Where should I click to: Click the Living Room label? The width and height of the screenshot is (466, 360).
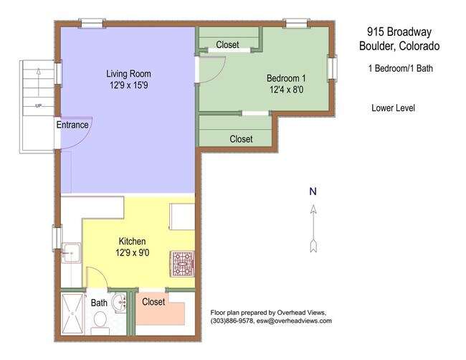click(x=128, y=73)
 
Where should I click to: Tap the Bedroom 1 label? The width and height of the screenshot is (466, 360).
click(x=286, y=78)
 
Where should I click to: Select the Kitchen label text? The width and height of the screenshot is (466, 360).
click(x=132, y=241)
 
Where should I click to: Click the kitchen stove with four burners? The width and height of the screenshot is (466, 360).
click(x=182, y=264)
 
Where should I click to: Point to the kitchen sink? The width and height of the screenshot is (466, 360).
click(x=71, y=252)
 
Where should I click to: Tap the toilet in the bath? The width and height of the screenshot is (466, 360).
click(x=100, y=323)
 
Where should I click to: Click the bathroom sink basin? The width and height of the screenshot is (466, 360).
click(x=120, y=303)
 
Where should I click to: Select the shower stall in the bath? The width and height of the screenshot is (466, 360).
click(x=72, y=314)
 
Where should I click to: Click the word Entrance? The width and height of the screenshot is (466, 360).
click(x=72, y=125)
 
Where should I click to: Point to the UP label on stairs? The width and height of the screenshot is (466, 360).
click(x=38, y=105)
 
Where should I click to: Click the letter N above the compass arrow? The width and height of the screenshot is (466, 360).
click(x=313, y=191)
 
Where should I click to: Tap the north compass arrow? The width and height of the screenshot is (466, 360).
click(x=313, y=229)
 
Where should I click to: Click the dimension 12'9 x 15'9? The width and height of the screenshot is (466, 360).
click(x=128, y=85)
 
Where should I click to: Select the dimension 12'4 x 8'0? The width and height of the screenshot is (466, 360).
click(x=287, y=90)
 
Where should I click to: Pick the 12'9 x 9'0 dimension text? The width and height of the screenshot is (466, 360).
click(x=132, y=252)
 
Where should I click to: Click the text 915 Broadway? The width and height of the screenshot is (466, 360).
click(x=399, y=32)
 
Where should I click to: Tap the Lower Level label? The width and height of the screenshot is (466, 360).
click(x=393, y=108)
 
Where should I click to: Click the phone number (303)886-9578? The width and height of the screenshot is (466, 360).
click(x=232, y=321)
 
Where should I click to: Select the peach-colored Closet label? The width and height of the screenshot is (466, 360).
click(x=153, y=302)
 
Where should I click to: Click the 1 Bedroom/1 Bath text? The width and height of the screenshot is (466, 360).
click(x=401, y=68)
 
